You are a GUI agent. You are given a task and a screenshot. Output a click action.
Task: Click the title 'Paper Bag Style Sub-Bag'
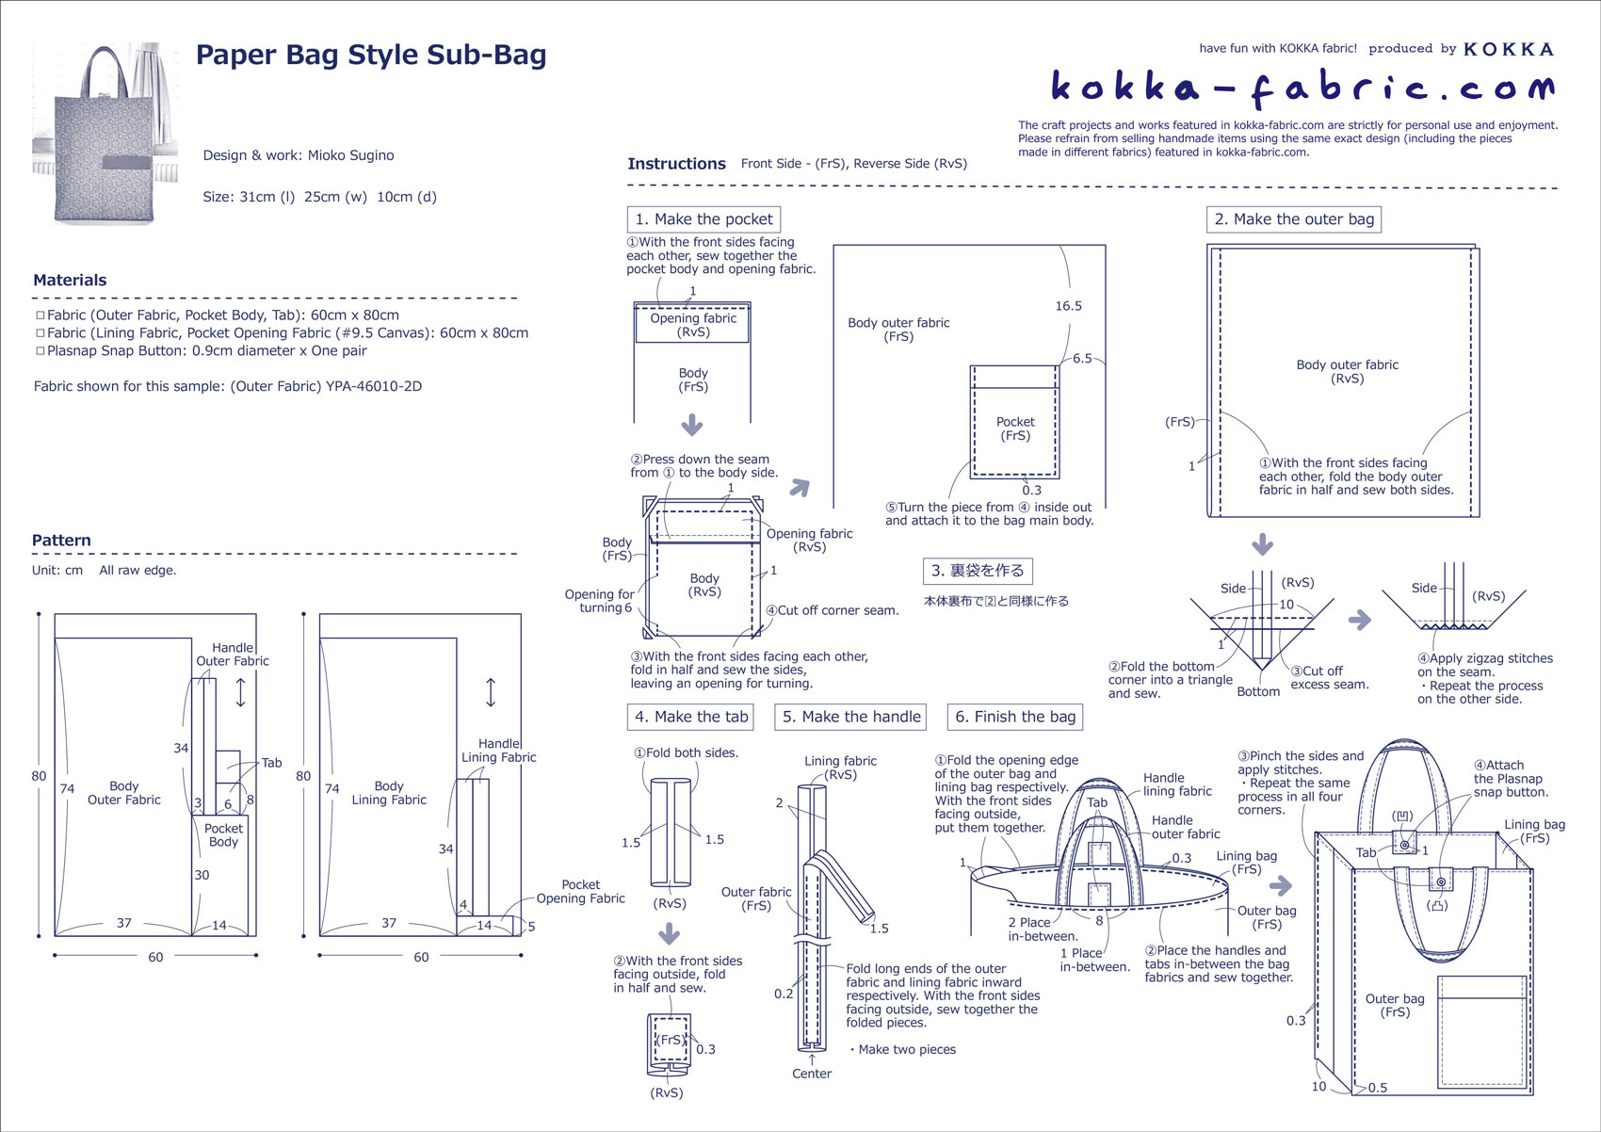click(x=370, y=56)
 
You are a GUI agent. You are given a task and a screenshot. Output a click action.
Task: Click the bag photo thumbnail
click(x=105, y=133)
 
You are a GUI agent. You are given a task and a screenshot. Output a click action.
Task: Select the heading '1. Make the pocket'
click(x=703, y=219)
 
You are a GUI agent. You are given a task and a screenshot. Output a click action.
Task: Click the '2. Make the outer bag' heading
click(x=1293, y=219)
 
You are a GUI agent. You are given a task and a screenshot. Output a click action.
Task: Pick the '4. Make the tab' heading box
click(x=691, y=717)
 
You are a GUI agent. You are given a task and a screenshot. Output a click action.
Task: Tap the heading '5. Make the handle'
click(x=850, y=717)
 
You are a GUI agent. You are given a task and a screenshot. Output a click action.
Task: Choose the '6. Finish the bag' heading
click(x=1014, y=717)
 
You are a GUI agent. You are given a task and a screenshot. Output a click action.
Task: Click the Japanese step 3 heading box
click(x=977, y=571)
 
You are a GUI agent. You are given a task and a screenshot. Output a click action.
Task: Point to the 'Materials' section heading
click(x=70, y=280)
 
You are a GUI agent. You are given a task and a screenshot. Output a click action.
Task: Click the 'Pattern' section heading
click(x=61, y=541)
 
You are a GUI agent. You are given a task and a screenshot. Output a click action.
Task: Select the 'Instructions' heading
click(x=676, y=164)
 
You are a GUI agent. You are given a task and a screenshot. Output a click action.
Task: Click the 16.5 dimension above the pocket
click(x=1068, y=306)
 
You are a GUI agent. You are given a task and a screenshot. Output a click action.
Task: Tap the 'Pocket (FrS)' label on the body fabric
click(x=1015, y=429)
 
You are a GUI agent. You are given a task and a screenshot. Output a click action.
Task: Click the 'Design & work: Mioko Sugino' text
click(x=299, y=155)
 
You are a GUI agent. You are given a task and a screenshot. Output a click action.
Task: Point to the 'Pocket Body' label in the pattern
click(x=223, y=835)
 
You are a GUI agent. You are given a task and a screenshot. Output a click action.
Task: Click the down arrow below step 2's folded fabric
click(x=1262, y=544)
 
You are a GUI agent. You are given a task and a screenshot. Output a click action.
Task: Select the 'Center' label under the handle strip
click(x=811, y=1074)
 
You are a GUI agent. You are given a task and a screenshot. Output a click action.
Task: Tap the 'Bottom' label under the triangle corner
click(x=1258, y=691)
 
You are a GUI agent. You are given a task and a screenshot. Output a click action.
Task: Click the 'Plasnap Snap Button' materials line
click(x=206, y=350)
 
